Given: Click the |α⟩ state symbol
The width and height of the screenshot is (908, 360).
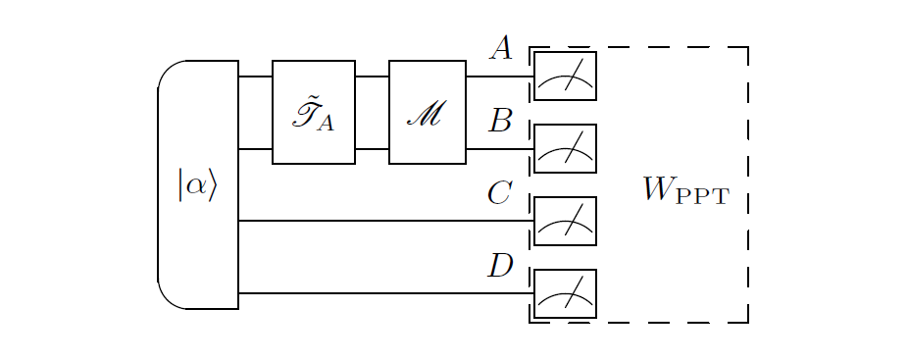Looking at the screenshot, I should [197, 184].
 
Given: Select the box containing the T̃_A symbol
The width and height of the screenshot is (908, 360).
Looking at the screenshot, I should [313, 112].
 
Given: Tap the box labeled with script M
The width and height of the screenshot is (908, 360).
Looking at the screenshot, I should [427, 112].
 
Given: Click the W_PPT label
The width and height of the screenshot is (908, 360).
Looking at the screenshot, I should [685, 189].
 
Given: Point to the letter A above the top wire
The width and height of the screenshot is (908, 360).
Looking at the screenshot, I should [501, 49].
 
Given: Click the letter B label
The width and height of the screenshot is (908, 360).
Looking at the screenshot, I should [501, 121].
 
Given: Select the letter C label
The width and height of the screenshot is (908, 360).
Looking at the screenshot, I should [500, 193].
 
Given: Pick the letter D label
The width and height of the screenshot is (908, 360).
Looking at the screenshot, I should [500, 266].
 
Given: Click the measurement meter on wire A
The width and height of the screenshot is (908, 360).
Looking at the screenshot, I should [565, 77].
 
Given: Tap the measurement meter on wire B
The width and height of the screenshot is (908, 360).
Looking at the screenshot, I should [565, 149].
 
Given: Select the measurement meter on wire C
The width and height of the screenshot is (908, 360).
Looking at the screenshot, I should [565, 221].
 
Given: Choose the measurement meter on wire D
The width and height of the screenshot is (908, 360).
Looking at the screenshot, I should [565, 293].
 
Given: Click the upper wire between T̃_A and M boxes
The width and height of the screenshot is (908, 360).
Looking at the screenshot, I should [372, 77].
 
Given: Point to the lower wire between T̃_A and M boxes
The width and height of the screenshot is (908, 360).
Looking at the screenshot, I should [372, 149].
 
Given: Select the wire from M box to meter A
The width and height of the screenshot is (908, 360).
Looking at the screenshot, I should [499, 77].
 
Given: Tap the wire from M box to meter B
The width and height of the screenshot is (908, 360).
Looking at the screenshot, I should [499, 149].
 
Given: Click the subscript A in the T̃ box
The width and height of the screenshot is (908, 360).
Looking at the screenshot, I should [327, 123].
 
